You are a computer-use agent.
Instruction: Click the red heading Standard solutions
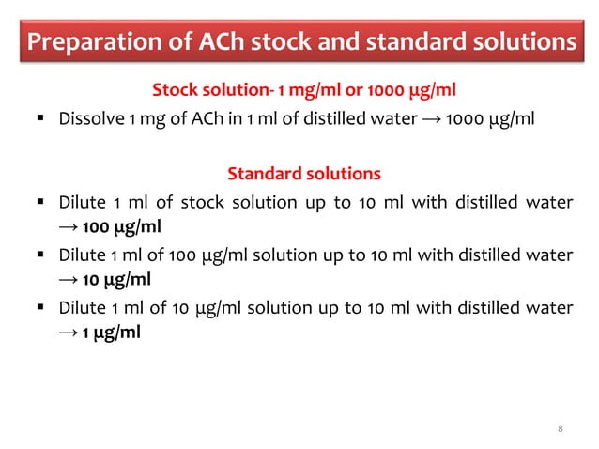click(303, 174)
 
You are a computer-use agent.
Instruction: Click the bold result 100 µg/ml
click(119, 227)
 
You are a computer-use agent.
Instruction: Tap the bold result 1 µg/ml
click(111, 332)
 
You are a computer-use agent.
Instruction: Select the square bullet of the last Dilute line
click(40, 306)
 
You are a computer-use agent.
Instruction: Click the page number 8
click(561, 429)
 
